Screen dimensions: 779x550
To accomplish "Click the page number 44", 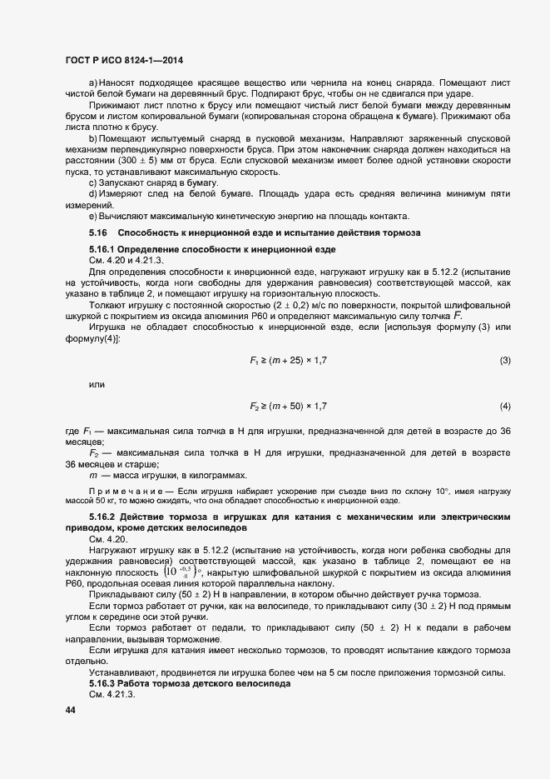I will (x=70, y=710).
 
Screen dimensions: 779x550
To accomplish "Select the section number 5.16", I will (x=98, y=232).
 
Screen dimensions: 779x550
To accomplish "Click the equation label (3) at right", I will (x=504, y=337).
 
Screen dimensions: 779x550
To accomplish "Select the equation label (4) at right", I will (x=504, y=406).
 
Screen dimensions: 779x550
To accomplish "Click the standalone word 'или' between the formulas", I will (x=97, y=362).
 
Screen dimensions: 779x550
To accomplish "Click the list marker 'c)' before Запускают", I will (x=92, y=182).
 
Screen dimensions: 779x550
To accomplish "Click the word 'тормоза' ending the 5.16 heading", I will (x=402, y=232).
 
